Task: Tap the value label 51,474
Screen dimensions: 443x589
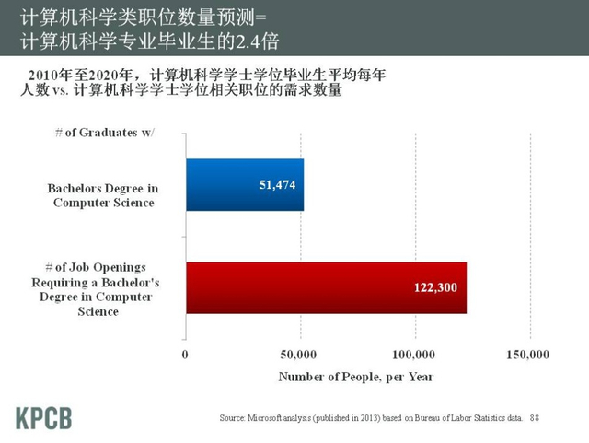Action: (x=278, y=185)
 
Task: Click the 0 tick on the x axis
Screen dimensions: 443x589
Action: (x=186, y=355)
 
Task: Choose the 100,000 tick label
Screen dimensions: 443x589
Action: (x=414, y=355)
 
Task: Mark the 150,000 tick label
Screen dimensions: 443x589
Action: (x=528, y=355)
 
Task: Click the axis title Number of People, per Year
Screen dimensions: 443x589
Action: (x=355, y=377)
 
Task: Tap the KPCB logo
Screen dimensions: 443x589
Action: (x=43, y=416)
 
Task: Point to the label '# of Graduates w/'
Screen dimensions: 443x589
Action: (x=105, y=132)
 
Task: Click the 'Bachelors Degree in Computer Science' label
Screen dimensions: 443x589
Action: (x=103, y=195)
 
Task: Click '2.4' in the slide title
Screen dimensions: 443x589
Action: (x=246, y=42)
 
